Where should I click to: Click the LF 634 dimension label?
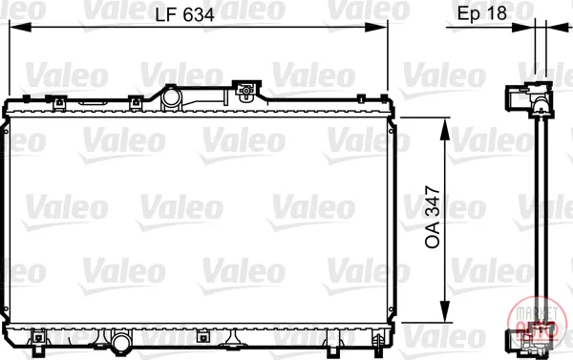tap(184, 15)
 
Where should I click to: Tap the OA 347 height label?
tap(433, 217)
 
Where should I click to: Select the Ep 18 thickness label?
tap(482, 13)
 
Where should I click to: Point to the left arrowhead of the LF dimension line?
tap(20, 27)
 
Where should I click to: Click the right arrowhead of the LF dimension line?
tap(376, 27)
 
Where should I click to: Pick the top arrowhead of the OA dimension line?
tap(445, 129)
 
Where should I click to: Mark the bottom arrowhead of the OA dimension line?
tap(445, 311)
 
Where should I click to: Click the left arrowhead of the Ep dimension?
tap(523, 27)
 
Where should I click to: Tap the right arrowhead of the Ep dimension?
tap(558, 27)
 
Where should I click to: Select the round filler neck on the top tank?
tap(171, 97)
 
